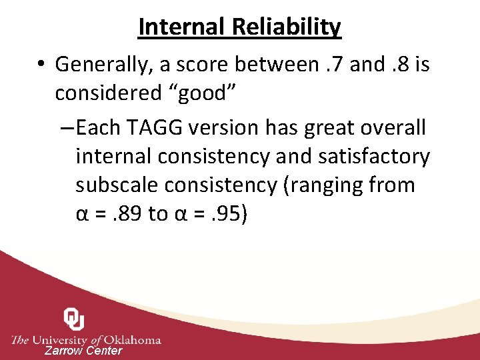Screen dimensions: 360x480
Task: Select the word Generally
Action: click(102, 65)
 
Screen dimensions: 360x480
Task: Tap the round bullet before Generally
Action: click(42, 65)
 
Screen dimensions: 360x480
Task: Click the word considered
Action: click(109, 94)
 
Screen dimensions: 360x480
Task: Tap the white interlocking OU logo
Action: click(73, 319)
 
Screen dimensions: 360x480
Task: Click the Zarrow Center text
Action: click(83, 351)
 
